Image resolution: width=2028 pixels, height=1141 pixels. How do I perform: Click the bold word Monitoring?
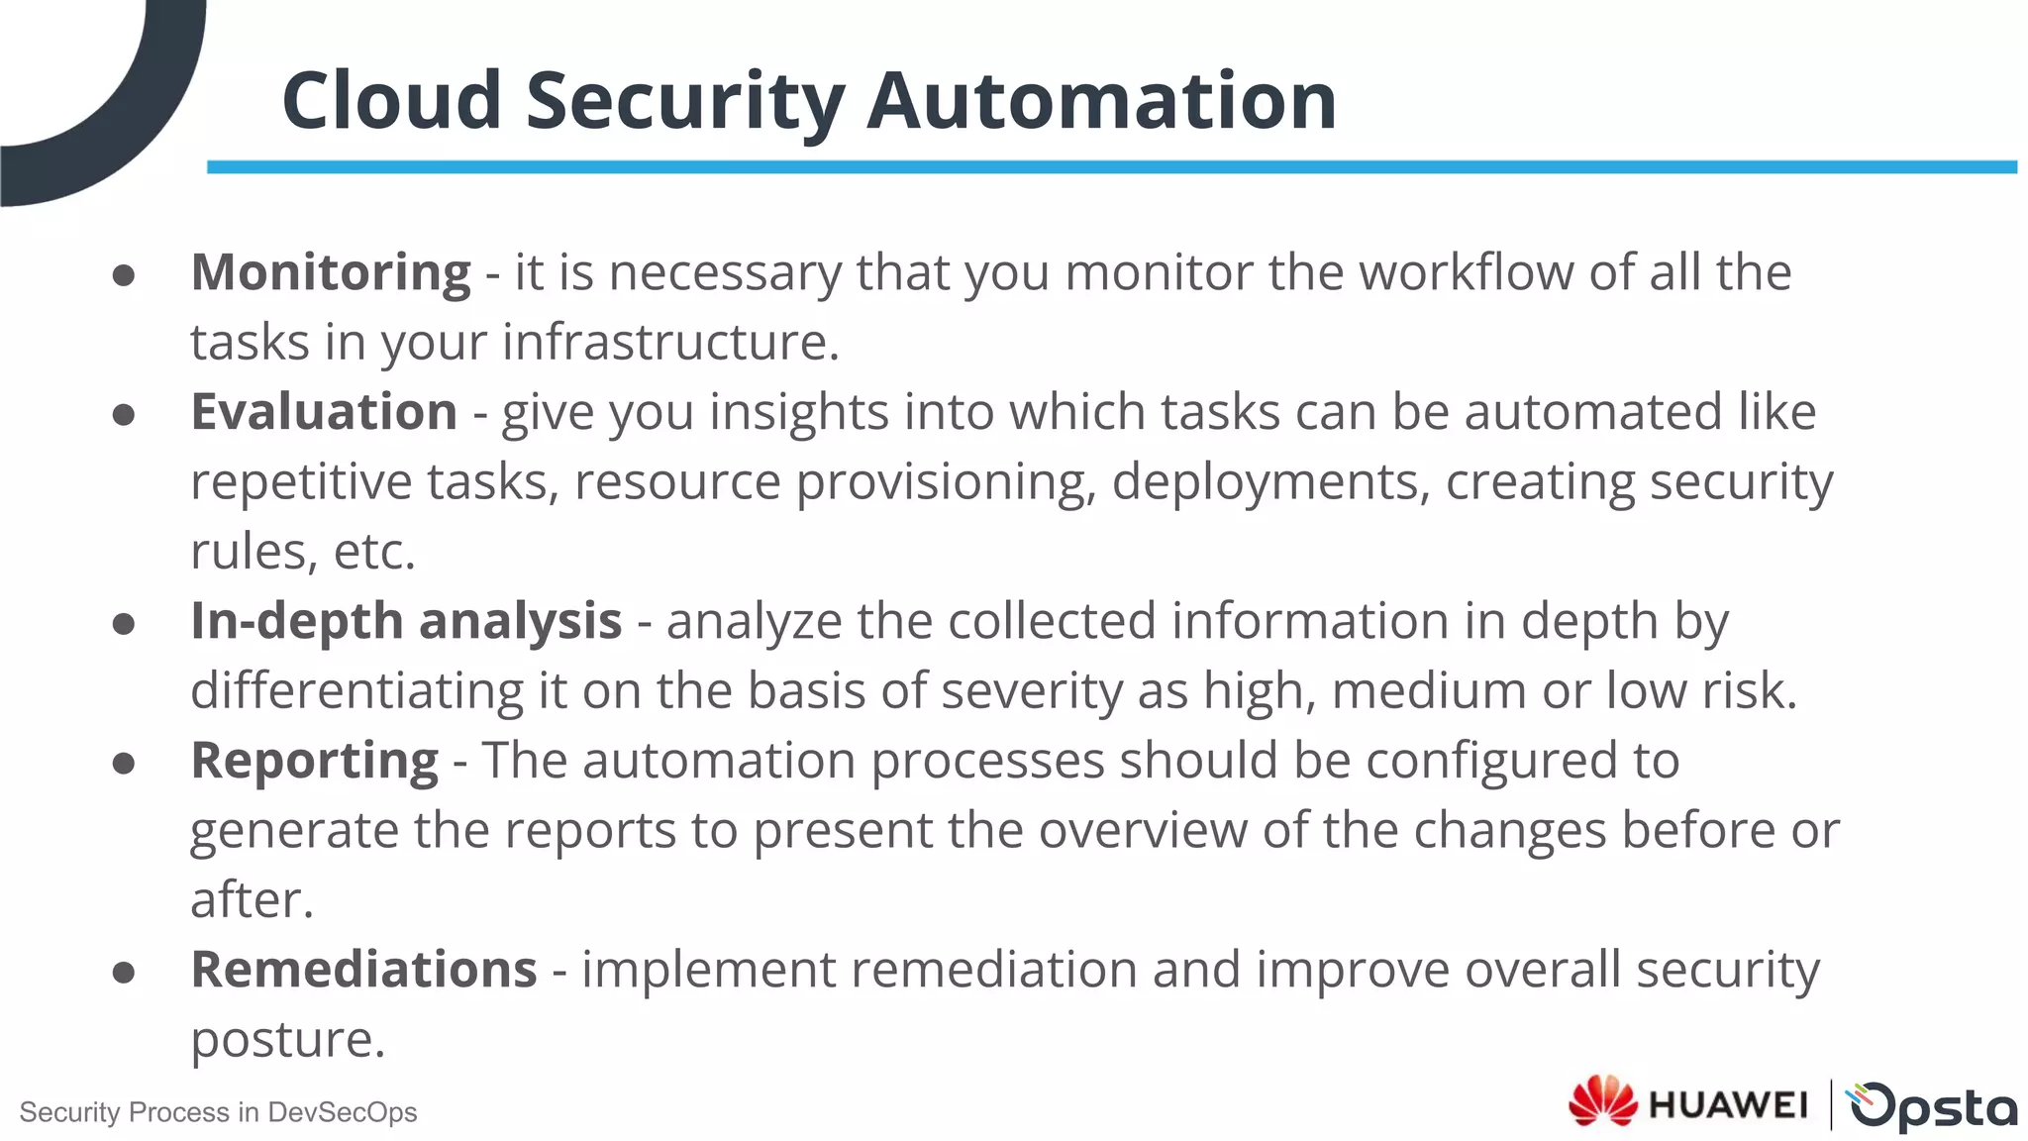coord(330,272)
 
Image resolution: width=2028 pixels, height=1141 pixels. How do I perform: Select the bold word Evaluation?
coord(324,412)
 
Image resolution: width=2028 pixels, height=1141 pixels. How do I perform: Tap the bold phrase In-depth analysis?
coord(406,621)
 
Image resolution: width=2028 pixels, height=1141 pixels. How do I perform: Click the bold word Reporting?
coord(314,761)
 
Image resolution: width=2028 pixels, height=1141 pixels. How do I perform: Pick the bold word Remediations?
coord(363,970)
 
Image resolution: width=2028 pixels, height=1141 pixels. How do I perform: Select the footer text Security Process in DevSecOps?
coord(218,1112)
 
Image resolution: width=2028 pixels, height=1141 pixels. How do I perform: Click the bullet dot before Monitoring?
coord(124,275)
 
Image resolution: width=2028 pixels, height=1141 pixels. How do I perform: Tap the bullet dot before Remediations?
coord(124,973)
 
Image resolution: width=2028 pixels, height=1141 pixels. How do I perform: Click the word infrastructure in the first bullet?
coord(669,343)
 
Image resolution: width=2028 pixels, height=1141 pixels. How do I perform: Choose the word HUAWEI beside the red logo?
coord(1727,1104)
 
